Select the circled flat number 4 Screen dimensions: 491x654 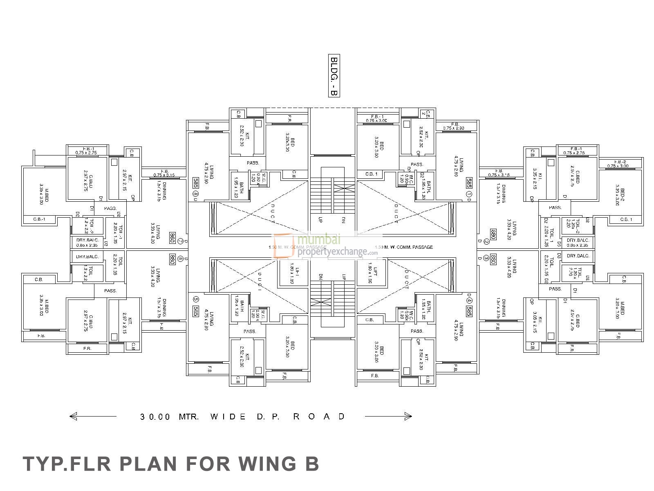469,300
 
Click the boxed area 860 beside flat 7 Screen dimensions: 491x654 172,238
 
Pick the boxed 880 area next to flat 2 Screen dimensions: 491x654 494,234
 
